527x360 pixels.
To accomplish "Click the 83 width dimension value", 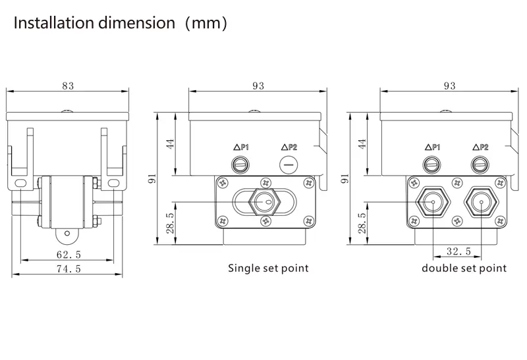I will coord(67,86).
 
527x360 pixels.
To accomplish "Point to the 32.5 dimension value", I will coord(458,251).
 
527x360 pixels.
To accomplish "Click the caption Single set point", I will coord(268,269).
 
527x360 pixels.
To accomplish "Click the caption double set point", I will coord(464,269).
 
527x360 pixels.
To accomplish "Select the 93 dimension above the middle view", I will coord(258,86).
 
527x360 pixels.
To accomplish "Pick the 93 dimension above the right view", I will coord(450,86).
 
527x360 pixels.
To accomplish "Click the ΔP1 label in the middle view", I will coord(241,148).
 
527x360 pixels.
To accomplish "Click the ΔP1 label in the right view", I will coord(432,148).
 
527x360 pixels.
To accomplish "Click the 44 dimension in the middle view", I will coord(170,144).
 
